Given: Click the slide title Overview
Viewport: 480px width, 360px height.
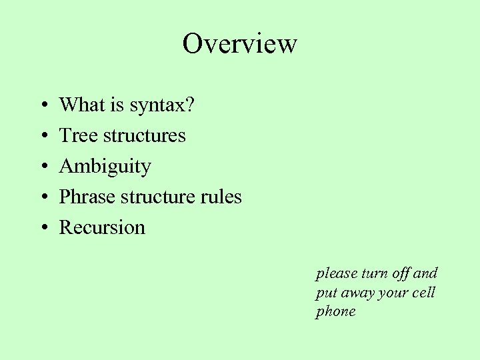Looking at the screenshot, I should pos(239,44).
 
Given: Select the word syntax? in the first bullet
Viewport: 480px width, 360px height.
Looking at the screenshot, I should pos(162,106).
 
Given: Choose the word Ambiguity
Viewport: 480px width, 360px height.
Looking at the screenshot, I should pos(105,167).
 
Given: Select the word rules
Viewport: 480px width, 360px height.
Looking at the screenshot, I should pos(222,197).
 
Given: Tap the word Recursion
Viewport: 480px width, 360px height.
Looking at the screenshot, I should pos(102,227).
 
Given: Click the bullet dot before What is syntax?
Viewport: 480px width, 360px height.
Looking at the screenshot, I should pos(42,106).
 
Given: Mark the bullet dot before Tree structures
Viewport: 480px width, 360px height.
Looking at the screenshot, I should pos(42,137).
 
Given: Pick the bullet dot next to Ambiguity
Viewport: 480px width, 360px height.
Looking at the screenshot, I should pos(42,167).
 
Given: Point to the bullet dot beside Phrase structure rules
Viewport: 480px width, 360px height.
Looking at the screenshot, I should pos(42,198).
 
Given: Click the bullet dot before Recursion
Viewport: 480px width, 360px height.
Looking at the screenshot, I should pos(42,229).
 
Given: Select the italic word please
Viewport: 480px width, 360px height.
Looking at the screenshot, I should pos(336,274).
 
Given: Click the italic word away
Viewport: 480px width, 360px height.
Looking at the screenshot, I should pos(358,293).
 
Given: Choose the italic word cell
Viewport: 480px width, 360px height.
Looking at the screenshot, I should pos(423,293).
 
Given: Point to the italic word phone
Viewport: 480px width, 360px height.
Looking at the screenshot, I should pos(335,312).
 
